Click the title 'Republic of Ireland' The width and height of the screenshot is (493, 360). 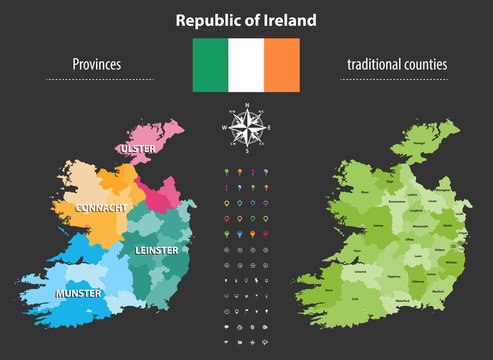246,19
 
